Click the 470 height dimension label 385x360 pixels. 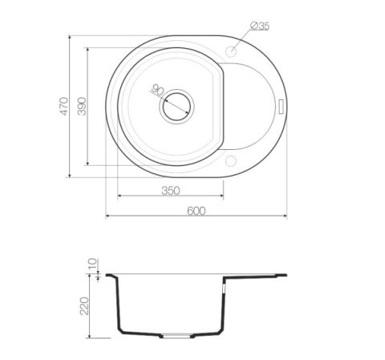(x=63, y=106)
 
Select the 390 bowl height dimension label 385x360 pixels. (x=82, y=106)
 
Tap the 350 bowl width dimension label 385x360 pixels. (x=171, y=191)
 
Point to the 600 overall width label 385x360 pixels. (x=197, y=211)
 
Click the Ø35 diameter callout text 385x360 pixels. (x=260, y=26)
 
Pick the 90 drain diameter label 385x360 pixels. (x=158, y=90)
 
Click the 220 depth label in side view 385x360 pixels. (x=84, y=305)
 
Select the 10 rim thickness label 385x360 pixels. (x=92, y=264)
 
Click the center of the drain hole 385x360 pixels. (x=176, y=107)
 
